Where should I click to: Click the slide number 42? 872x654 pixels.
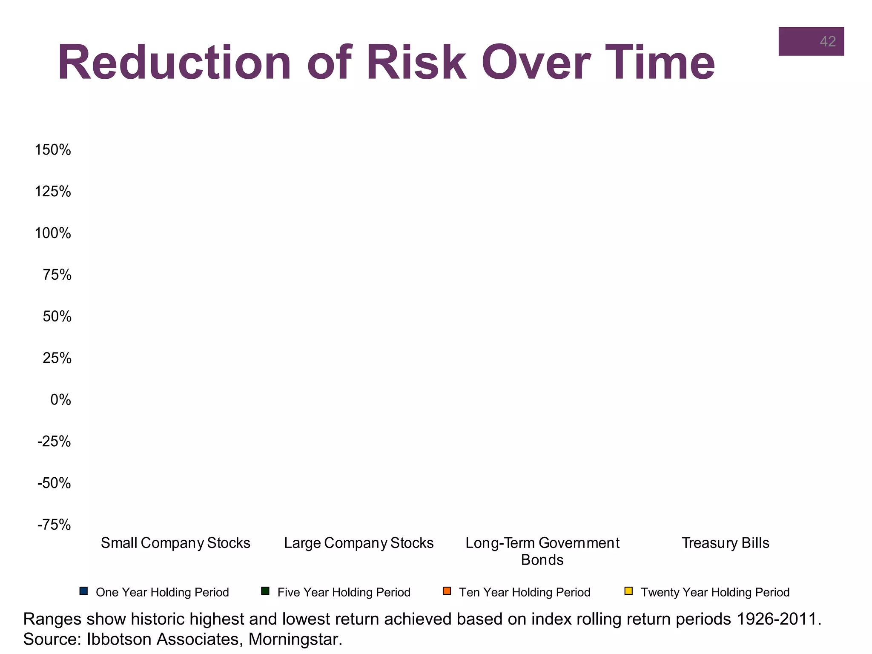(827, 41)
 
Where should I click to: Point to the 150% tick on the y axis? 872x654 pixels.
(53, 150)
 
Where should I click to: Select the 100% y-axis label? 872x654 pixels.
(53, 233)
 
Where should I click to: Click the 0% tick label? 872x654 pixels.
(60, 400)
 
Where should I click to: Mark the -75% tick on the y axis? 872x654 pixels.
(54, 525)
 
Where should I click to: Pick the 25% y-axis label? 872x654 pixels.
(57, 358)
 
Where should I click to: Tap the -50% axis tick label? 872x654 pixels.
(54, 483)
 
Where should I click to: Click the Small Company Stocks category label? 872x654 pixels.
(175, 543)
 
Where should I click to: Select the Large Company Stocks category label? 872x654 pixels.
(359, 543)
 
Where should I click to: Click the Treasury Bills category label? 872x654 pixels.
(725, 543)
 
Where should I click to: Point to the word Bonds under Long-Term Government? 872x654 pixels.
(542, 560)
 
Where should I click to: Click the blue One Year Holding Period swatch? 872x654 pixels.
(83, 591)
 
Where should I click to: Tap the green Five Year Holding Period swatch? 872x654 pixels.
(265, 591)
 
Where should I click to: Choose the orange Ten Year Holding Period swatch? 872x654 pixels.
(447, 591)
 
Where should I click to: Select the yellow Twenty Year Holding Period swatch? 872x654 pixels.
(628, 591)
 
